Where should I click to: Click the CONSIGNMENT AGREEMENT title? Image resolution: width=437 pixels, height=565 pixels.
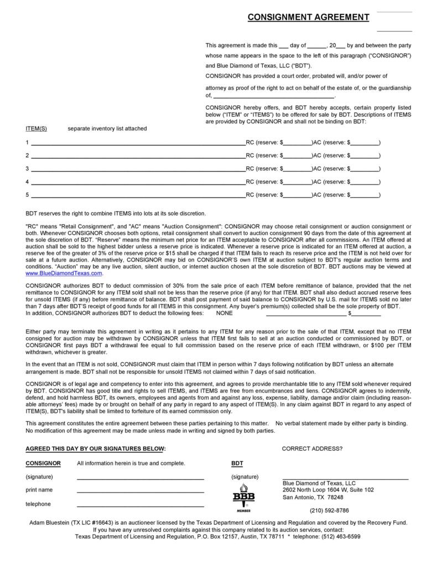(308, 17)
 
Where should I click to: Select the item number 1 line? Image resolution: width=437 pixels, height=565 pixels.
(138, 143)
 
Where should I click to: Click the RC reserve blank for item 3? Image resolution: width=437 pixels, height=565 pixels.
(298, 169)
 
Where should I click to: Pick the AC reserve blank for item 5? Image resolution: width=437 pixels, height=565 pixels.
(365, 195)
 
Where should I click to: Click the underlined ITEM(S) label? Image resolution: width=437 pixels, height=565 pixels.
(37, 128)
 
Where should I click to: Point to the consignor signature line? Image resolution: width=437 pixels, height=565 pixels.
(140, 477)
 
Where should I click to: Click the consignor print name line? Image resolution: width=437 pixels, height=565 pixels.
(140, 490)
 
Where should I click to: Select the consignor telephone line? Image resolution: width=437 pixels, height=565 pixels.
(140, 504)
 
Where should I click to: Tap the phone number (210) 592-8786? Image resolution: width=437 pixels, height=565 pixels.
(329, 510)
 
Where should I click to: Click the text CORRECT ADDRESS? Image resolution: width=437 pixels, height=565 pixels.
(312, 448)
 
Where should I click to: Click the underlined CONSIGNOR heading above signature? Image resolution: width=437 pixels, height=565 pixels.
(43, 463)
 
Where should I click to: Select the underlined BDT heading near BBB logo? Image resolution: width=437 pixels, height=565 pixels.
(237, 463)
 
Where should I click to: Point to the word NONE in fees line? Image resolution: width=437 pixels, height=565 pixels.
(224, 313)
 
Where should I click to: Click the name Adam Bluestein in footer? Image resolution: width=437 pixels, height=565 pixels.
(50, 522)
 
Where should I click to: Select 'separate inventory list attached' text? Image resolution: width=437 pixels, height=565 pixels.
(107, 128)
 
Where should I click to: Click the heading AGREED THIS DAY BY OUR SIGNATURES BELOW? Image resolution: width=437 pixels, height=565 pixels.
(95, 448)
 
